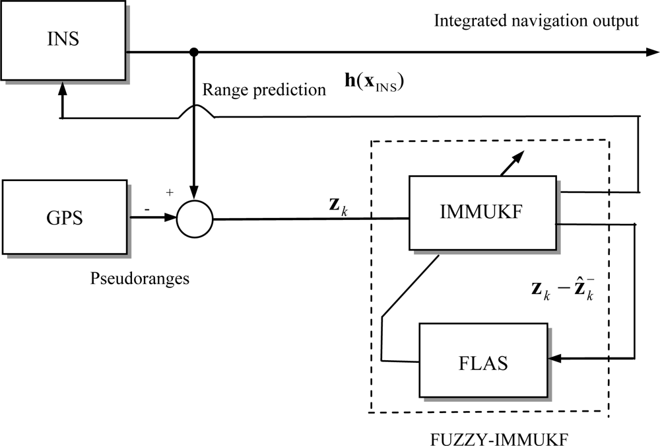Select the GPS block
tap(64, 217)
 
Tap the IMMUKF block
tap(483, 213)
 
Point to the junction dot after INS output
tap(194, 52)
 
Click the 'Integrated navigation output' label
tap(536, 20)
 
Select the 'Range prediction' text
tap(264, 89)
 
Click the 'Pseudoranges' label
tap(139, 278)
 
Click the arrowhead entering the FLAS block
tap(556, 358)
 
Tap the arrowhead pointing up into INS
tap(63, 100)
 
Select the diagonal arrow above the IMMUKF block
tap(513, 161)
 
